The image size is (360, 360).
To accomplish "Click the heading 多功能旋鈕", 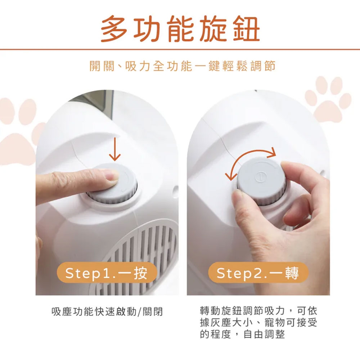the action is (180, 29).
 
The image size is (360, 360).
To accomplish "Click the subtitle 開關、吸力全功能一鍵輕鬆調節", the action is (183, 66).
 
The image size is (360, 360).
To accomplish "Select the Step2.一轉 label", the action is (258, 273).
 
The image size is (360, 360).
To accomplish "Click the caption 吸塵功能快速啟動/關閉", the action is (107, 311).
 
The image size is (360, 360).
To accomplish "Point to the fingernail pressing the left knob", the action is (112, 175).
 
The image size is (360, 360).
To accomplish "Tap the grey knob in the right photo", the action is (262, 181).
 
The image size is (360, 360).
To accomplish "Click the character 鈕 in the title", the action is (247, 29).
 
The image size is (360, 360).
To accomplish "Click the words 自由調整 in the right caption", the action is (264, 334).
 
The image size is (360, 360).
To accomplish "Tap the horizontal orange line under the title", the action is (180, 49).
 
